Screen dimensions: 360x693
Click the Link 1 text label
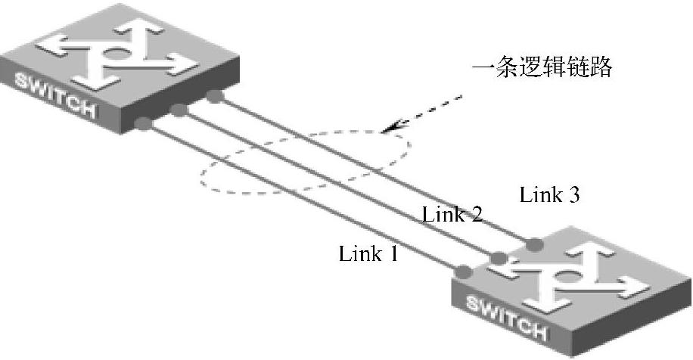(x=368, y=253)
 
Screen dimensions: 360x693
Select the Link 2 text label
(x=452, y=214)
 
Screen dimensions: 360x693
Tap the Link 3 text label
(x=550, y=195)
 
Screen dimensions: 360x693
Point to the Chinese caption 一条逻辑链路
(x=541, y=70)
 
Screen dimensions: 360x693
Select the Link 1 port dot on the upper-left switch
(x=143, y=123)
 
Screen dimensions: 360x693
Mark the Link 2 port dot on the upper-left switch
(x=179, y=110)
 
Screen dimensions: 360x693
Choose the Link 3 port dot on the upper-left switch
(x=215, y=96)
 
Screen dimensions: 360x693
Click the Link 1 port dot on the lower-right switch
(x=464, y=271)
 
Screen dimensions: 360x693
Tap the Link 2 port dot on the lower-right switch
(x=499, y=258)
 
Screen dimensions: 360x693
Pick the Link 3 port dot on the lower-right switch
(x=534, y=244)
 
